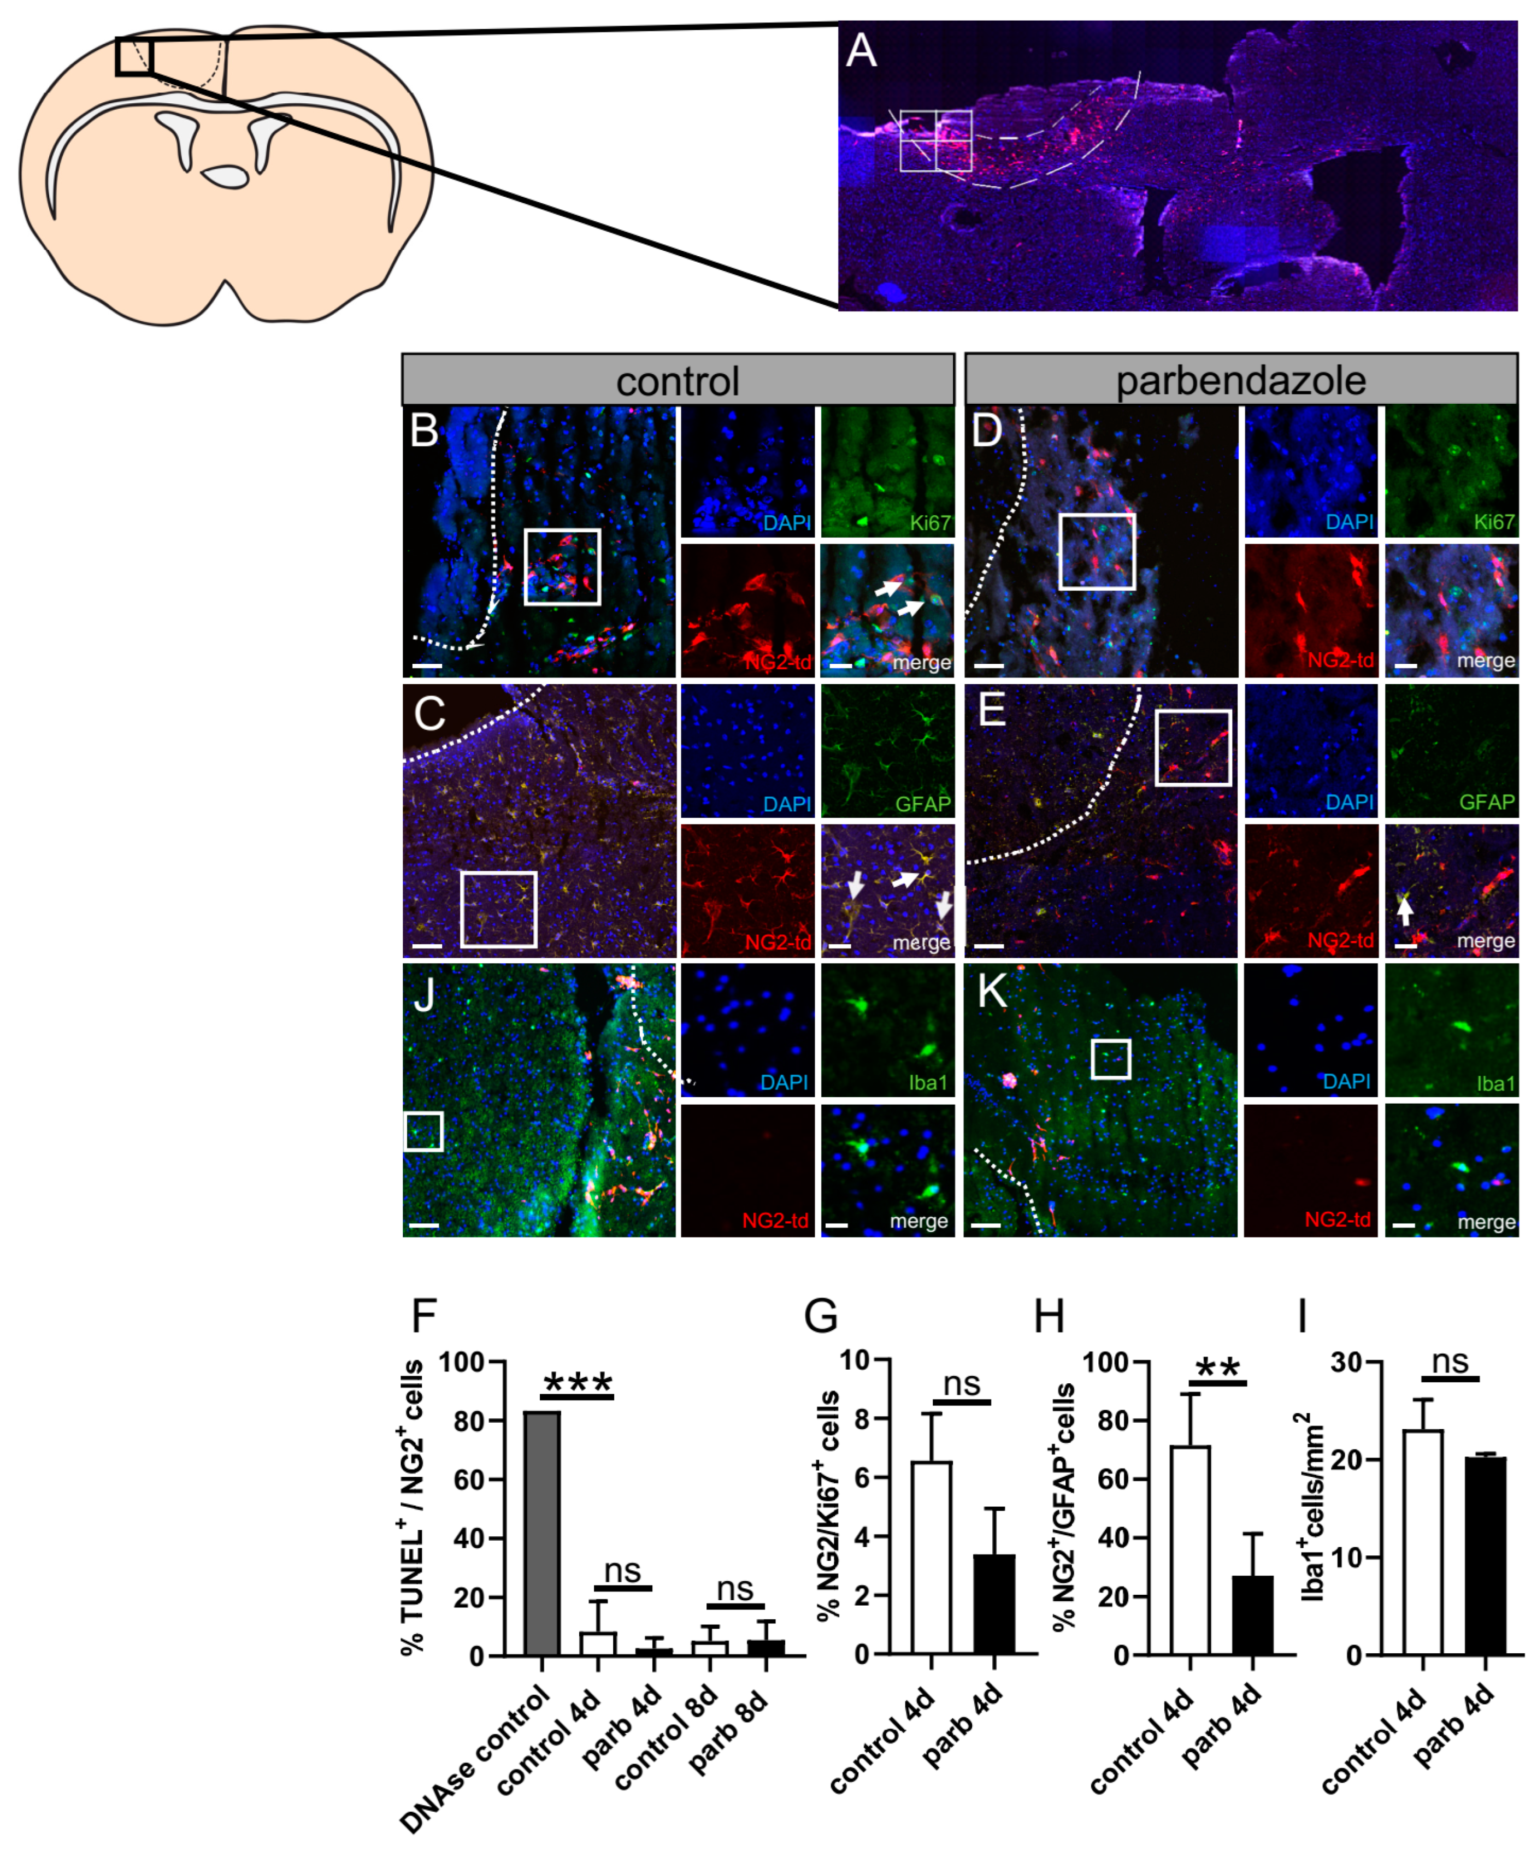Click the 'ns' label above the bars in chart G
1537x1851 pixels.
(x=962, y=1385)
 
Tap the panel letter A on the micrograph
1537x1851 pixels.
(x=861, y=51)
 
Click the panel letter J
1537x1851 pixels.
(x=425, y=995)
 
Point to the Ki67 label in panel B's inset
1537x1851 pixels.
(x=930, y=523)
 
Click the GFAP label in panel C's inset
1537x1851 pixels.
(x=923, y=804)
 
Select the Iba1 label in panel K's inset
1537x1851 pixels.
(x=1495, y=1083)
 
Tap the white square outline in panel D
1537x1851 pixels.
(x=1097, y=552)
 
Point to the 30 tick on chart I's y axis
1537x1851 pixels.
(x=1346, y=1363)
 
